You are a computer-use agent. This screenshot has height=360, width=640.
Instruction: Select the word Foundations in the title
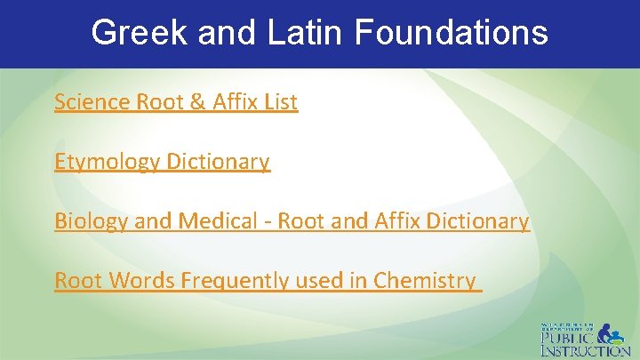coord(452,33)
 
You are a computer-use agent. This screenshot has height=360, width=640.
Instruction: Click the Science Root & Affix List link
coord(176,102)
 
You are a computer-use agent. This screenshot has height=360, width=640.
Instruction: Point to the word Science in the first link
coord(92,102)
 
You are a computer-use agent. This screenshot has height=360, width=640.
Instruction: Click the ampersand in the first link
coord(197,102)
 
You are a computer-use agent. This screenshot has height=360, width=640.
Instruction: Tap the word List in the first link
coord(280,102)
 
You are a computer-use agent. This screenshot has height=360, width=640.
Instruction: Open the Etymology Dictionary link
coord(162,162)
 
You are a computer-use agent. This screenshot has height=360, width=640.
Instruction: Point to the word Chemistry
coord(425,281)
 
